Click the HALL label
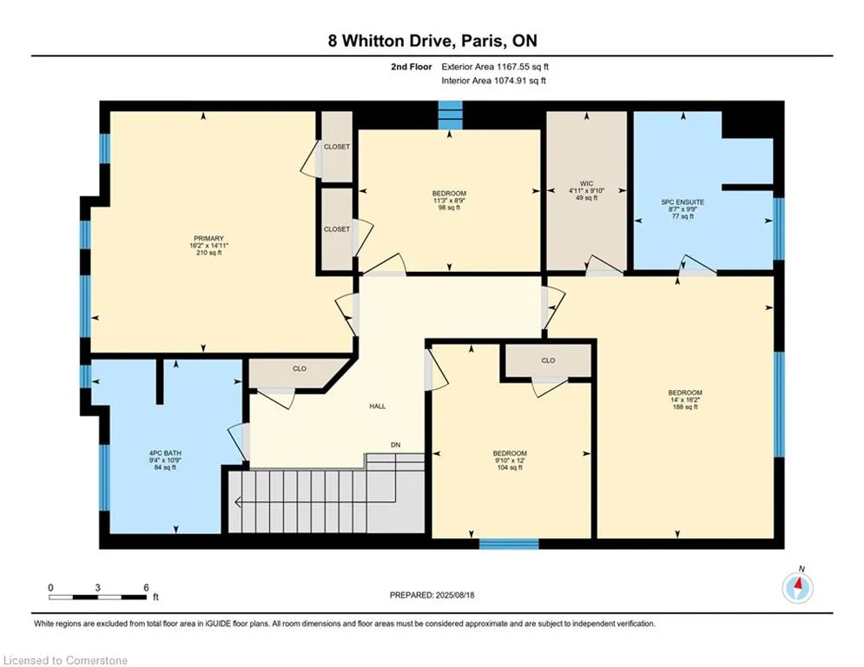click(x=378, y=406)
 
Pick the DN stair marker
click(x=396, y=445)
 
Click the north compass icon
click(x=797, y=587)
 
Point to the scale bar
click(x=97, y=597)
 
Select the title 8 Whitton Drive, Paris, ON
click(x=432, y=41)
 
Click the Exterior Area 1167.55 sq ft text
click(x=495, y=67)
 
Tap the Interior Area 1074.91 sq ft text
click(x=494, y=81)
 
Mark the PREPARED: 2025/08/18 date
click(x=432, y=595)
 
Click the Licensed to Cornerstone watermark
click(x=65, y=660)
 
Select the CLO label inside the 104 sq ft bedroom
click(x=548, y=360)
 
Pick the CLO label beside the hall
click(x=300, y=369)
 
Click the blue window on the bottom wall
click(x=509, y=544)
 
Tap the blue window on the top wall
click(x=450, y=115)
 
